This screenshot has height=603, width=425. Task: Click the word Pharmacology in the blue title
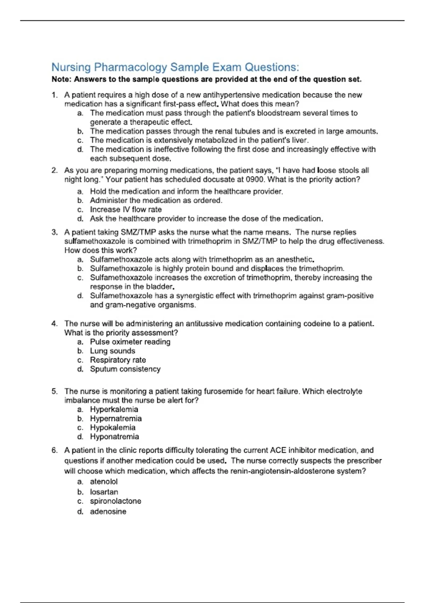click(130, 67)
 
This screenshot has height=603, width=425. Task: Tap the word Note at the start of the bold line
click(61, 79)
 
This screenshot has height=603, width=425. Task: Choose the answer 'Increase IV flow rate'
click(126, 210)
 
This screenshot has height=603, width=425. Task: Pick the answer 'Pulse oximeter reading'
click(130, 342)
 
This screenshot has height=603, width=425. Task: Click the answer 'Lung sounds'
click(113, 351)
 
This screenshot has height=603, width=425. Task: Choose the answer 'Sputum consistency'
click(125, 369)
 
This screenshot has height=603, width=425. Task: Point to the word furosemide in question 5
click(222, 391)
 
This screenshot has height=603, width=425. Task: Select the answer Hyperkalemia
click(114, 409)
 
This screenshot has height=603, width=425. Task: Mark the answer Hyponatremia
click(114, 437)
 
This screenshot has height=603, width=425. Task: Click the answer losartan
click(104, 492)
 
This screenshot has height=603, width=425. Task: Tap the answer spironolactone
click(115, 501)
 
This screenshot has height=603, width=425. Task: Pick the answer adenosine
click(108, 511)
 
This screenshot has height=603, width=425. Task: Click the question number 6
click(54, 450)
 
